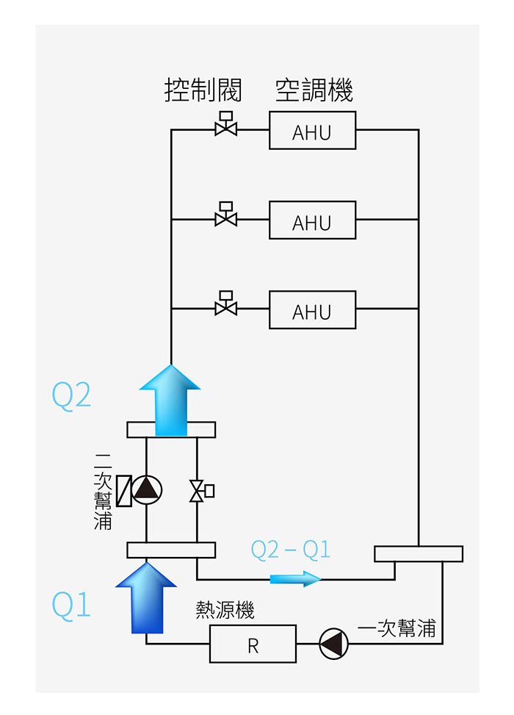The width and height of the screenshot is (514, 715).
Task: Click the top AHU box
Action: click(x=312, y=131)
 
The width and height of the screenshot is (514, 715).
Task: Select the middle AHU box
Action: click(x=312, y=220)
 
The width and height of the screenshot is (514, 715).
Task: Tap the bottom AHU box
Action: click(x=312, y=310)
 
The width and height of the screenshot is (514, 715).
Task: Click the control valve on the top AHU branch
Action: click(x=225, y=126)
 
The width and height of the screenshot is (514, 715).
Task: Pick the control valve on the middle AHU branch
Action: click(x=225, y=216)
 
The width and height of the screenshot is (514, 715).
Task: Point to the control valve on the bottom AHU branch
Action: click(x=225, y=305)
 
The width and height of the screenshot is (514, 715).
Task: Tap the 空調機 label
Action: click(x=314, y=91)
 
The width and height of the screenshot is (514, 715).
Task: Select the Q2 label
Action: click(x=71, y=395)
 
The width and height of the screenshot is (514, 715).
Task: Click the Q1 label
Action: click(x=71, y=605)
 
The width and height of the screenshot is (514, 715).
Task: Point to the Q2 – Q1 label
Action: click(x=291, y=549)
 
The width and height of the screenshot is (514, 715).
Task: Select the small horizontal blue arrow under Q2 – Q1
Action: click(x=295, y=579)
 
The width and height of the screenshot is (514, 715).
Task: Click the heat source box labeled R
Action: click(x=253, y=644)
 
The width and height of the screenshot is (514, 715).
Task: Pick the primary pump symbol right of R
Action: click(x=334, y=644)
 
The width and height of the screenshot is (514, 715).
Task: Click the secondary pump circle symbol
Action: click(x=147, y=489)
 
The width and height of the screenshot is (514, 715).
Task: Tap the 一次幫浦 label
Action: click(x=397, y=629)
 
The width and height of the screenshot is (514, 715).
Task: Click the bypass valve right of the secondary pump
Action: click(x=199, y=490)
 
